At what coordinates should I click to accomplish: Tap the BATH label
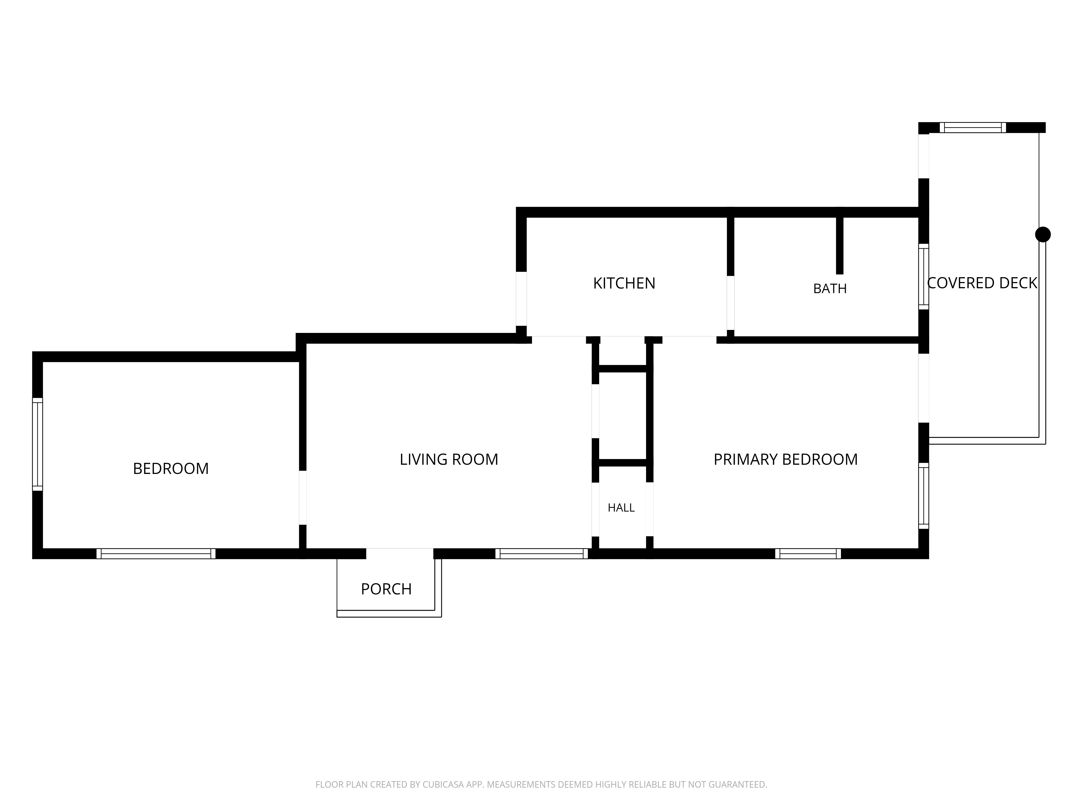click(830, 289)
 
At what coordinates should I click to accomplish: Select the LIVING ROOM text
click(449, 460)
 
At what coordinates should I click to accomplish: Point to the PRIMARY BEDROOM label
click(785, 460)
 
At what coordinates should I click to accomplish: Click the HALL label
click(621, 508)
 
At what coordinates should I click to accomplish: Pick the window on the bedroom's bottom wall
click(156, 554)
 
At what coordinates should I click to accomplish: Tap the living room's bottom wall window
click(541, 554)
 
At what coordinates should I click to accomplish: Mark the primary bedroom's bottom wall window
click(808, 554)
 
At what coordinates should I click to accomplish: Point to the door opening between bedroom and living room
click(303, 498)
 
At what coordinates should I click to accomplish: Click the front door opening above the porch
click(400, 554)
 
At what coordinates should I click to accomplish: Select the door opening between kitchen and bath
click(730, 303)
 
